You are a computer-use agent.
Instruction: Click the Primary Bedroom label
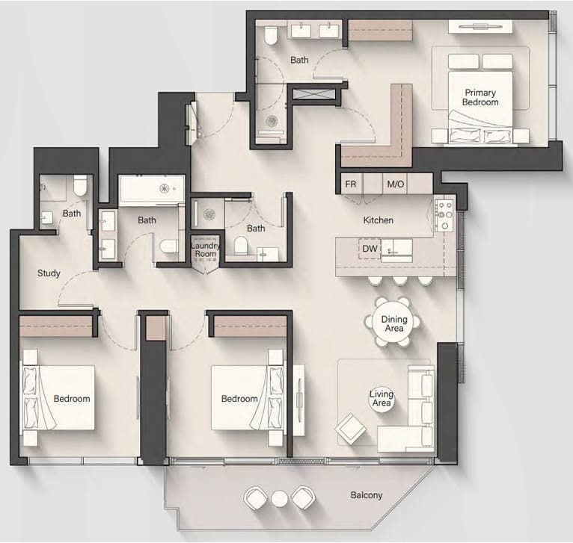480,97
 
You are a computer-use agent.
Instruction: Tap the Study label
49,273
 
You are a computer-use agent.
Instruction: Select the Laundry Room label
206,249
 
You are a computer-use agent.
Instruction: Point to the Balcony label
367,495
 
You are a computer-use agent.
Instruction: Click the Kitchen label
379,220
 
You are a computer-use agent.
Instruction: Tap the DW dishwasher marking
370,249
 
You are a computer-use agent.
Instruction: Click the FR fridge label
350,184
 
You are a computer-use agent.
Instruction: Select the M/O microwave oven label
396,184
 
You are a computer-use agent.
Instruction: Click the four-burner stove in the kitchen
444,215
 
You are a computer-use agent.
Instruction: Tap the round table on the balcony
280,498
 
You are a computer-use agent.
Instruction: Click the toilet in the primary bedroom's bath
271,35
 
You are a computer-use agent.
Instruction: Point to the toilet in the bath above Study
79,185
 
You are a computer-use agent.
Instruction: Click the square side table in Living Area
350,429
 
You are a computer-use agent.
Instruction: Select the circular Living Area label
382,399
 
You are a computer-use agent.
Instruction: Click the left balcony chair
256,498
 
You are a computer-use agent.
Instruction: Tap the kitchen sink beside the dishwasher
397,250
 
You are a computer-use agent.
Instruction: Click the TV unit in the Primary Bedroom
480,27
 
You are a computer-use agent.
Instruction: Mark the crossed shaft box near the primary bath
314,94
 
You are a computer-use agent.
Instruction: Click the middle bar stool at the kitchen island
399,281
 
